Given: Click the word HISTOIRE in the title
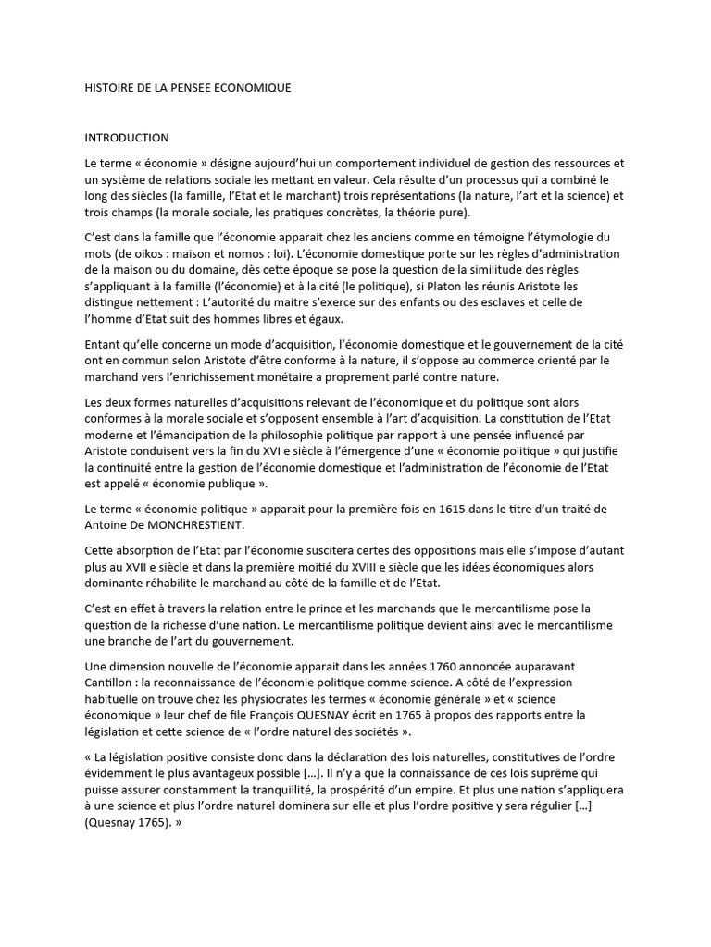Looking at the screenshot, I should pos(111,88).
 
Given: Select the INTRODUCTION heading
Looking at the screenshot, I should pos(126,138).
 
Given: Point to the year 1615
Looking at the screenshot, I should pos(387,510).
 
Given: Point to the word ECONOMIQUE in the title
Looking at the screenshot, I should pos(252,88).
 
